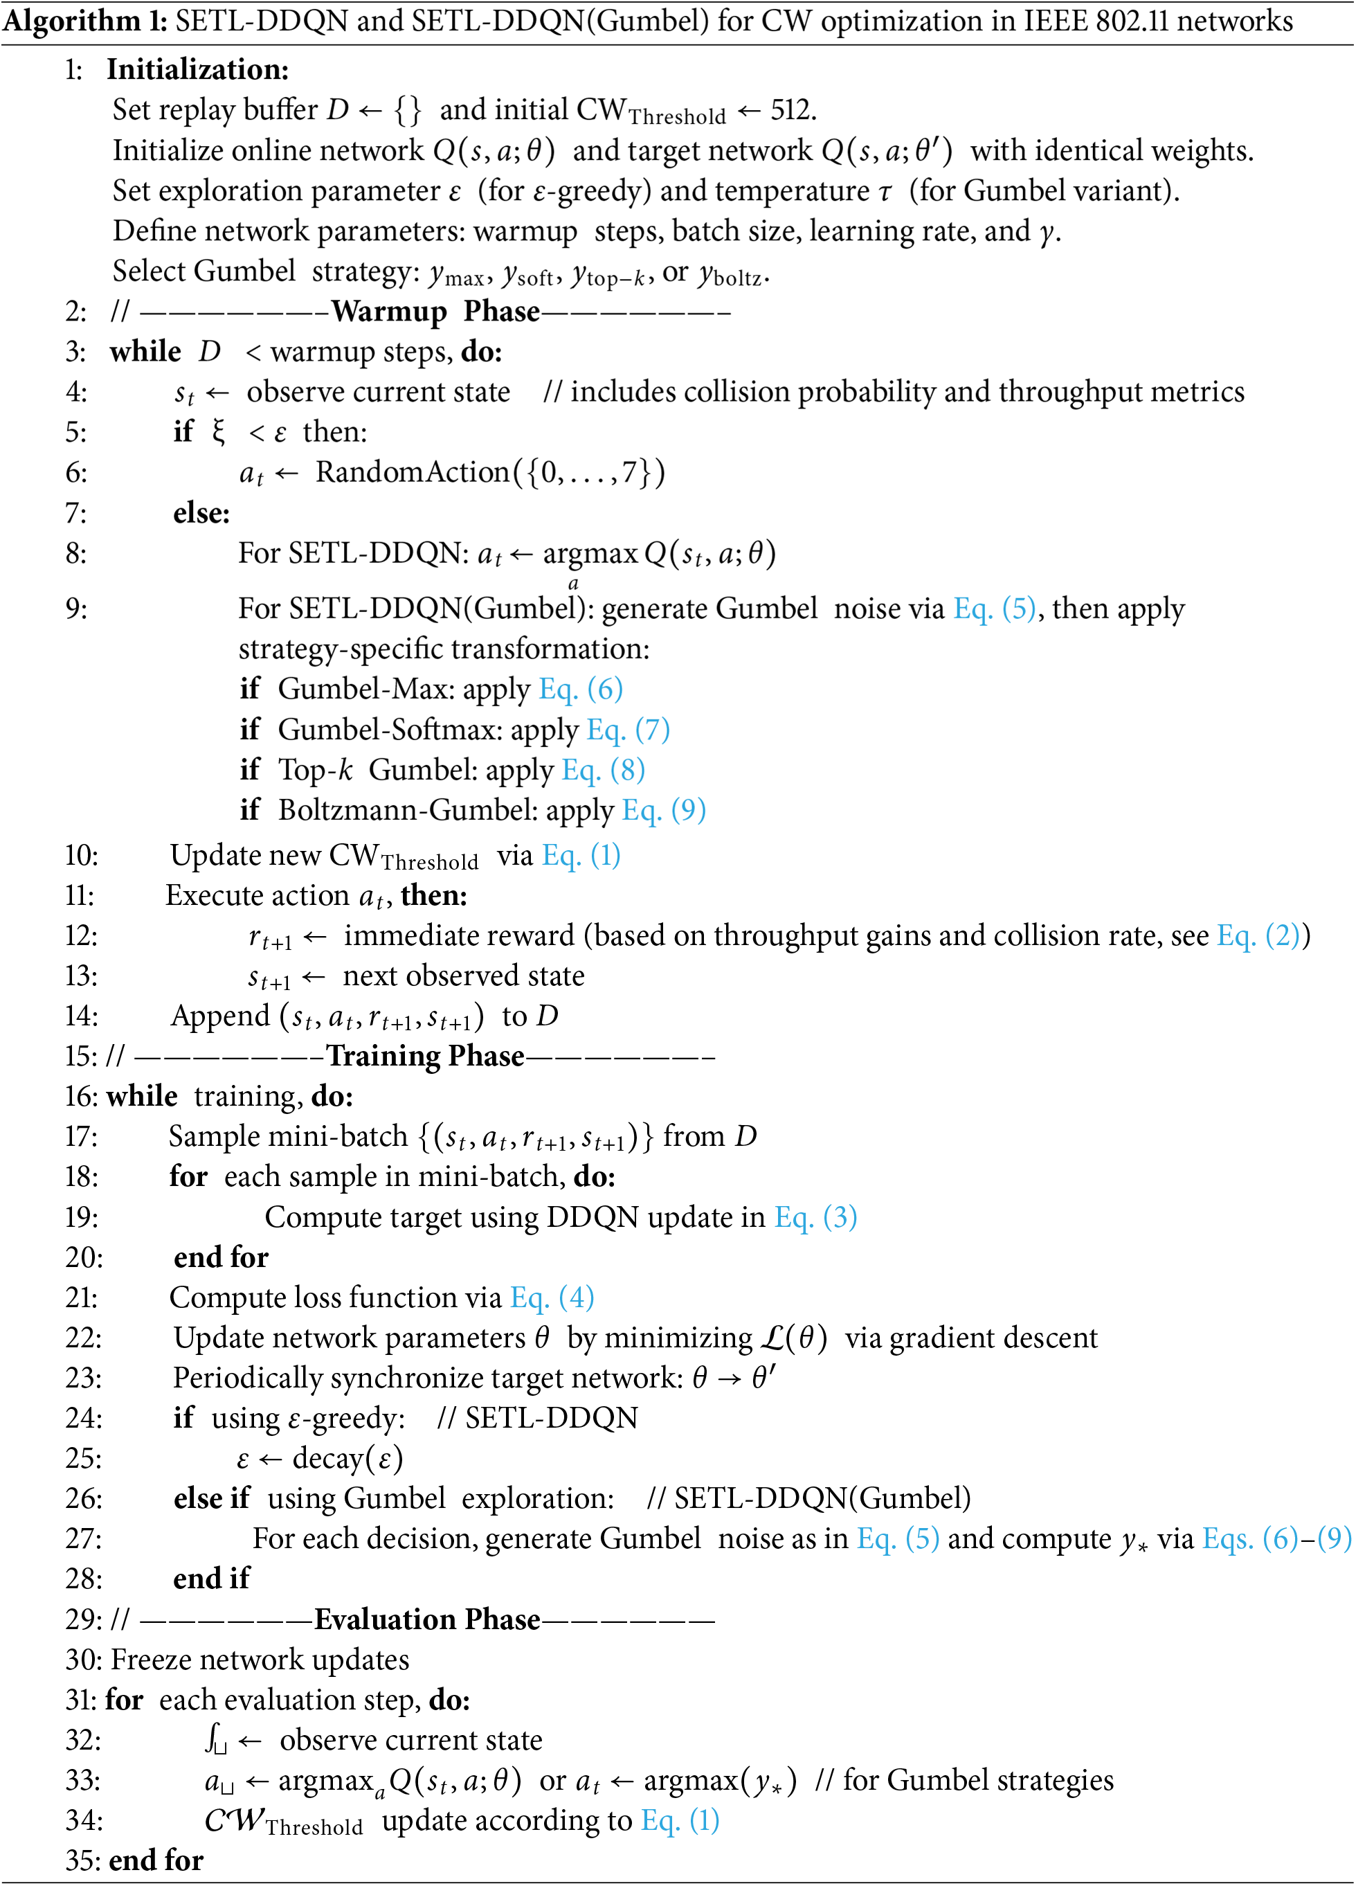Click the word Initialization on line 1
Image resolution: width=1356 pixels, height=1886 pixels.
pos(197,70)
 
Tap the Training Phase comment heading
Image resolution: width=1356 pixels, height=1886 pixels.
pos(425,1056)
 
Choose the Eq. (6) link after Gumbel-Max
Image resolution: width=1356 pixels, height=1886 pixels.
pos(580,690)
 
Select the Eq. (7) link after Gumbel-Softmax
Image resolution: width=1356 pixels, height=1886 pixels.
pos(628,730)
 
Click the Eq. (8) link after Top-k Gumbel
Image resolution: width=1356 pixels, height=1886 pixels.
pos(603,770)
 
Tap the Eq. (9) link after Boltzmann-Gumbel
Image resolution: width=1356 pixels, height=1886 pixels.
pos(663,810)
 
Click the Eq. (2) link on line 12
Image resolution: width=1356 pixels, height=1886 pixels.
pos(1258,936)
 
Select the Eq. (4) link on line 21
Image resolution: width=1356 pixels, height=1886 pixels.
pos(551,1298)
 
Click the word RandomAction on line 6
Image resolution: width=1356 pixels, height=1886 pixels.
pos(412,472)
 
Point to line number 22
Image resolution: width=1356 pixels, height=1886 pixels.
pos(83,1338)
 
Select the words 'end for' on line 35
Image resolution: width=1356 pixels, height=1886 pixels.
pos(156,1861)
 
